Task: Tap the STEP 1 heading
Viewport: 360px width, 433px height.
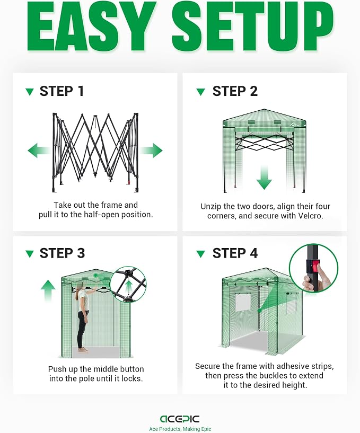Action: (x=62, y=91)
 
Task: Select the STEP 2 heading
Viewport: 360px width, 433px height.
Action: (x=235, y=91)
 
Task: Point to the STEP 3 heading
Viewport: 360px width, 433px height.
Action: (x=62, y=253)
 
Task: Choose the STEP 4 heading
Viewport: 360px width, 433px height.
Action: (x=235, y=253)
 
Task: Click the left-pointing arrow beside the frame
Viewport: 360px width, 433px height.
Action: (x=39, y=151)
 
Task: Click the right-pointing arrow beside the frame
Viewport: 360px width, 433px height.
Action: (x=152, y=151)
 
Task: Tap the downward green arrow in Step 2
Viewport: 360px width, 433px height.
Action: (x=264, y=178)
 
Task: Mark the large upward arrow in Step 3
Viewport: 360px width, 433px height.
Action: (x=48, y=290)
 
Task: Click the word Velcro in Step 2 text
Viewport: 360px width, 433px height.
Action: (x=310, y=216)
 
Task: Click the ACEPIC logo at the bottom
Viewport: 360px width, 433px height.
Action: (x=180, y=419)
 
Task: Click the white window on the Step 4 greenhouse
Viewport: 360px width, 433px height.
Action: (x=243, y=302)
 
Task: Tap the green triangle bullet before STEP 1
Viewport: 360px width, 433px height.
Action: (x=30, y=92)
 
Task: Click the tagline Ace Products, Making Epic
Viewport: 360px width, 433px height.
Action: (x=180, y=429)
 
